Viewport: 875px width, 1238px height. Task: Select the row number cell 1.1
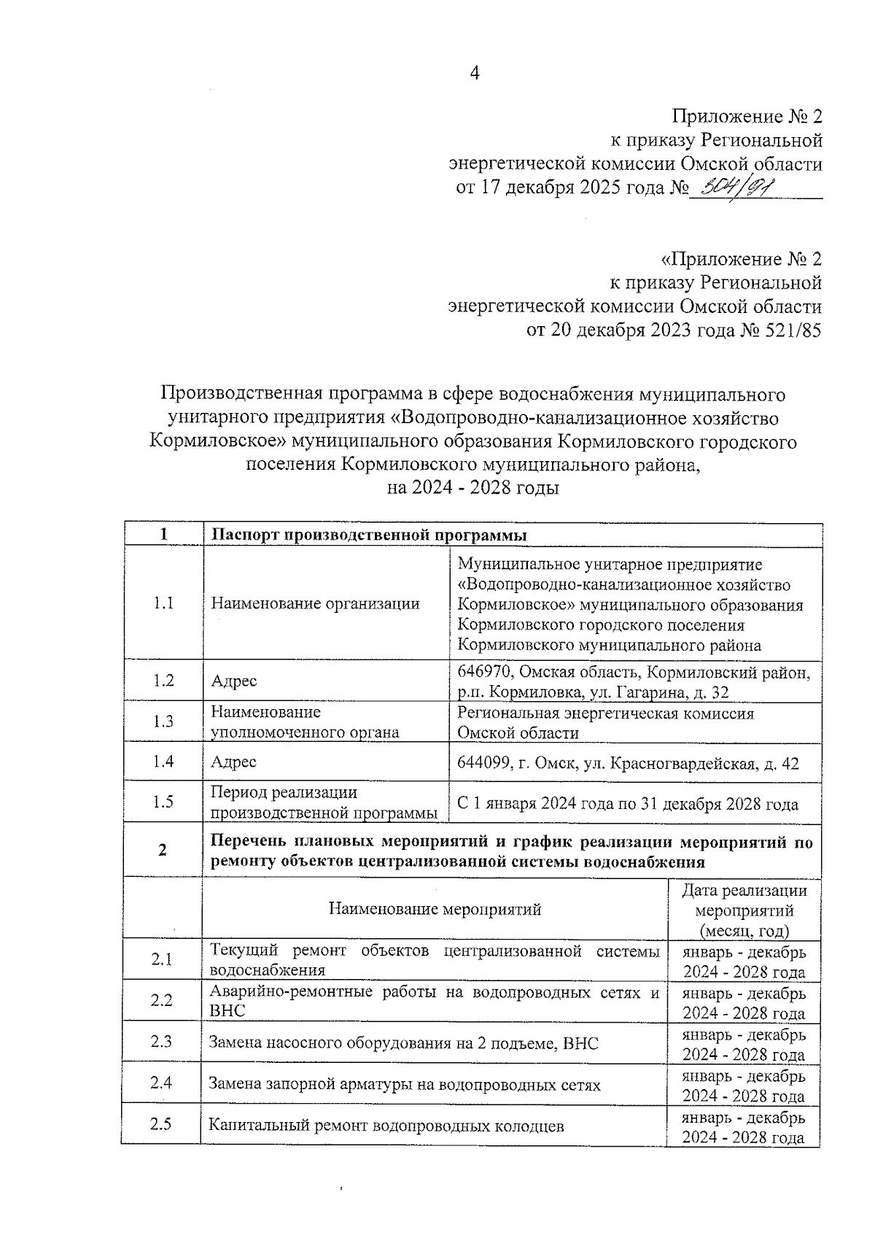click(x=163, y=603)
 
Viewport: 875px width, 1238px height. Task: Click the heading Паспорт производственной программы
click(x=369, y=535)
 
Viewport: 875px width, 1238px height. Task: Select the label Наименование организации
click(x=315, y=603)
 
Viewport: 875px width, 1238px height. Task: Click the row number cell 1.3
click(x=163, y=721)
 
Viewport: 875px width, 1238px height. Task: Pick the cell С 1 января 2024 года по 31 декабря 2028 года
click(x=627, y=804)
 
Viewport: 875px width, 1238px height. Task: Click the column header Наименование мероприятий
click(x=435, y=909)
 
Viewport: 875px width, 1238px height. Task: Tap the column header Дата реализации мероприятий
click(x=744, y=910)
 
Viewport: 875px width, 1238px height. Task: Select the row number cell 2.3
click(x=162, y=1041)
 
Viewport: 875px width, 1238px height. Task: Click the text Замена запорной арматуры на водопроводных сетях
click(x=405, y=1085)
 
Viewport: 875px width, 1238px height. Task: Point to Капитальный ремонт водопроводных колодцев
click(x=386, y=1126)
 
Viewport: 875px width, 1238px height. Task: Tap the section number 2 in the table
click(x=163, y=851)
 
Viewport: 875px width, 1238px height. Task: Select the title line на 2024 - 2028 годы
click(x=473, y=488)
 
